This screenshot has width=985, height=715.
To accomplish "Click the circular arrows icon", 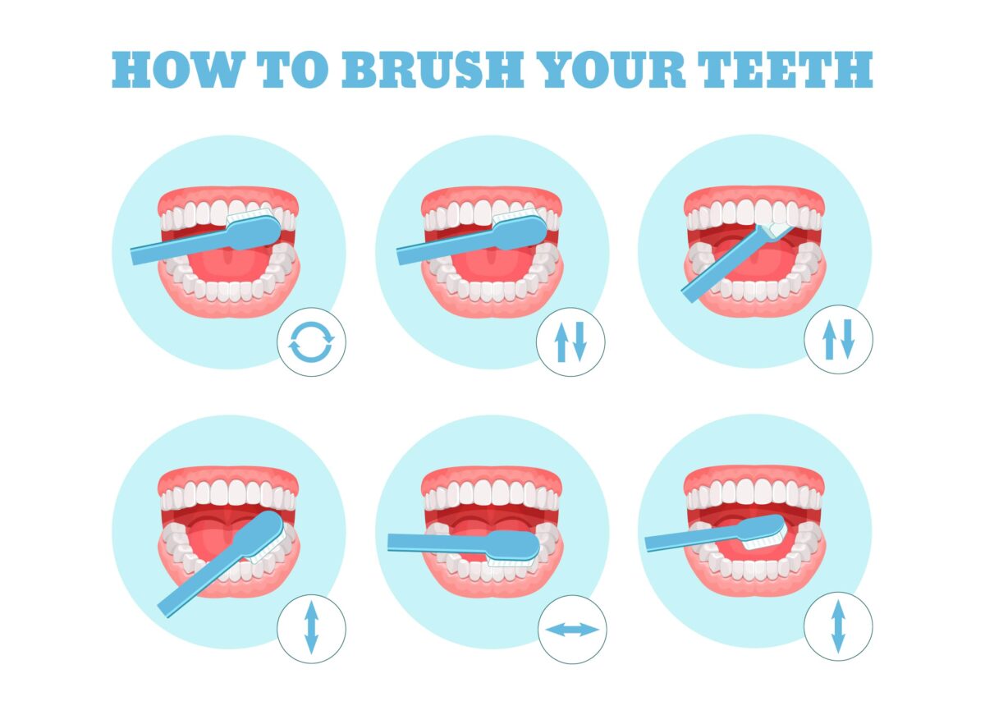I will (x=311, y=342).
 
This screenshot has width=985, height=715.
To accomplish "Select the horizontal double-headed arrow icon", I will (x=572, y=630).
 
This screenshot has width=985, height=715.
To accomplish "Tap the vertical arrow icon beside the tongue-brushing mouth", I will (x=838, y=626).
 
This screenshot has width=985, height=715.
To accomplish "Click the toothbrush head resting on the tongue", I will (x=760, y=533).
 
